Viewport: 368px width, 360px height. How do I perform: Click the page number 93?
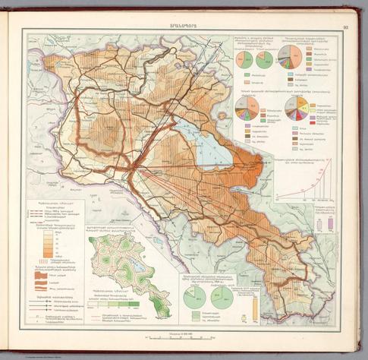tap(344, 28)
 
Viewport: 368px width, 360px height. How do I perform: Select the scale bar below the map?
tap(183, 335)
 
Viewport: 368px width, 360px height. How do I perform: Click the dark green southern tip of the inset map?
tap(159, 308)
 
